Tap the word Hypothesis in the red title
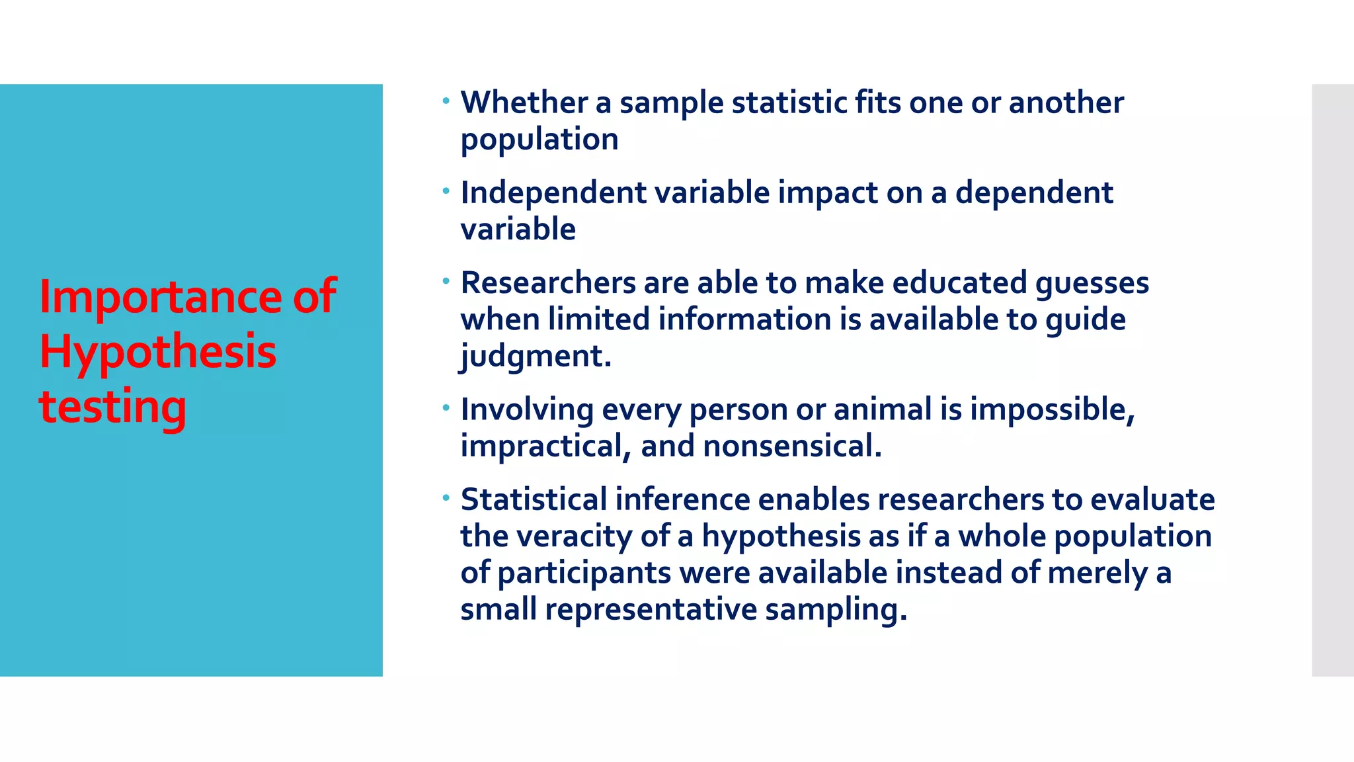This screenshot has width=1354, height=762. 158,353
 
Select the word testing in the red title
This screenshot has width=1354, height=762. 112,407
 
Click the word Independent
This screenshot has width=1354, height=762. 553,193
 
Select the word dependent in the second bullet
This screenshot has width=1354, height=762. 1034,193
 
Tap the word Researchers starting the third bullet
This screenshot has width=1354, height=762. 548,283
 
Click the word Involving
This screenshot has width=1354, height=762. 527,410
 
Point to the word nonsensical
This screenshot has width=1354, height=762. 792,446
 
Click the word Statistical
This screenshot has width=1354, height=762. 534,499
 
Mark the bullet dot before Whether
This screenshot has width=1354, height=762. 446,101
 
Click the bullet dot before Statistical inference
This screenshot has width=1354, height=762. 446,497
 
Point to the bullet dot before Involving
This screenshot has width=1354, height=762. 446,407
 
